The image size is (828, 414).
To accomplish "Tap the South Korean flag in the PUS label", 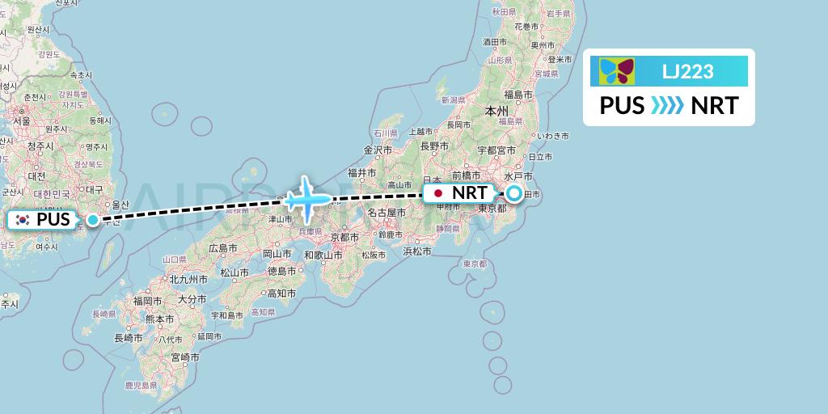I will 22,220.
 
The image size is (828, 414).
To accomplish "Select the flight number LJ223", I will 687,72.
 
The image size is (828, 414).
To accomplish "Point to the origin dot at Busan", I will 94,220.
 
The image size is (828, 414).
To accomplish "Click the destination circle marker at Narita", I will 514,193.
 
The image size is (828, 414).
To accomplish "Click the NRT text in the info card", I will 714,106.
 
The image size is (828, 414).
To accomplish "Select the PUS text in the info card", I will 622,106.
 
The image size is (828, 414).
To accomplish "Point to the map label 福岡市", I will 149,300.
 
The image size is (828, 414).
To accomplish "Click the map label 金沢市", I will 378,150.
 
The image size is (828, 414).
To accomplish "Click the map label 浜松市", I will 417,251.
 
